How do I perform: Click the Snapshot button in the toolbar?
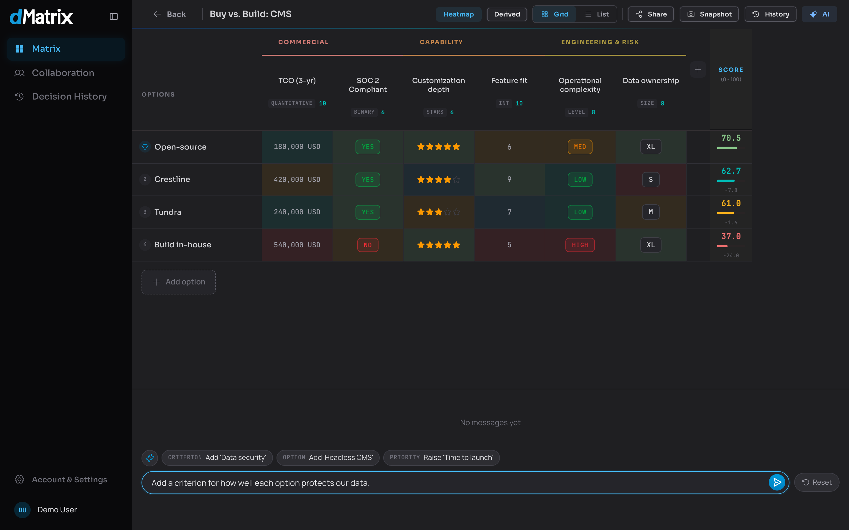tap(709, 14)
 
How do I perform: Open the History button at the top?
tap(770, 14)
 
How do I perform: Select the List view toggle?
tap(596, 14)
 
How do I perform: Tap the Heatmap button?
tap(458, 14)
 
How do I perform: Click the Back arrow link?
tap(170, 14)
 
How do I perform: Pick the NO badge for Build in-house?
tap(368, 245)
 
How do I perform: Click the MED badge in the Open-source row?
tap(580, 147)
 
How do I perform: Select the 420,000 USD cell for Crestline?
tap(297, 180)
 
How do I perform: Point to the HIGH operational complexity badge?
tap(580, 245)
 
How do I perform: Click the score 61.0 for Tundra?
tap(731, 203)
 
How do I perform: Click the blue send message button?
tap(777, 482)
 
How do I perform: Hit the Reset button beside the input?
tap(817, 482)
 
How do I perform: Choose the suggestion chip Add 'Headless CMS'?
tap(328, 458)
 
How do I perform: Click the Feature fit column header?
tap(509, 81)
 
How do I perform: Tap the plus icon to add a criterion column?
tap(698, 70)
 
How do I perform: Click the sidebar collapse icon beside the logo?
tap(114, 16)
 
